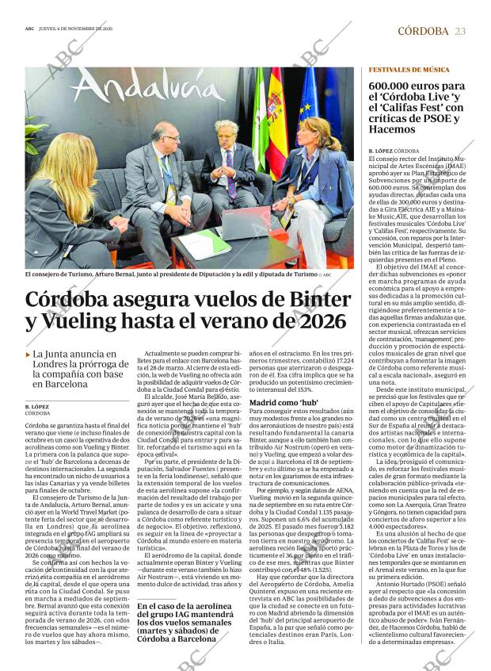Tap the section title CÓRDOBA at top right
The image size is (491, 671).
(422, 31)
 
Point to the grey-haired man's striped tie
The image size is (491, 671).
(230, 179)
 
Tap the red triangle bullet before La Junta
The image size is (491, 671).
(29, 355)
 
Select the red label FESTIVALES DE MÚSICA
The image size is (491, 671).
(409, 71)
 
